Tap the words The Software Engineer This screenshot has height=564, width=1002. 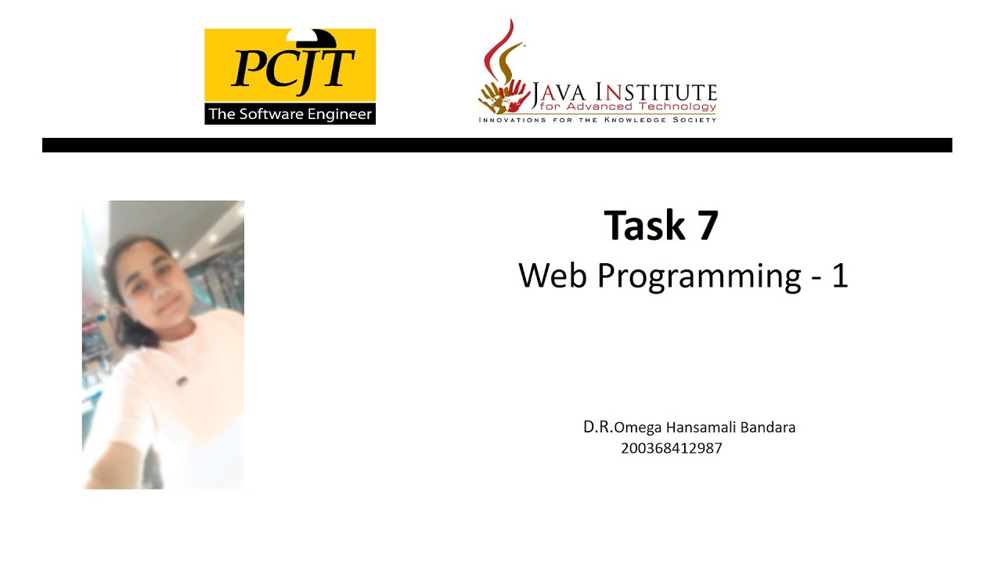[x=290, y=114]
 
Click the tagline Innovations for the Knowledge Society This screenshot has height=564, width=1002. [x=597, y=119]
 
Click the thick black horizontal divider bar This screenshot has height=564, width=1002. [x=496, y=145]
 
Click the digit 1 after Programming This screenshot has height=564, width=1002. [x=839, y=276]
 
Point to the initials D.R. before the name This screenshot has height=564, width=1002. [x=598, y=427]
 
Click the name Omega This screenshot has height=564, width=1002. [x=636, y=428]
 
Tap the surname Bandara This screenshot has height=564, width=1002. [x=769, y=428]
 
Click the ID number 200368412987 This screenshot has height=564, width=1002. [x=671, y=448]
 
